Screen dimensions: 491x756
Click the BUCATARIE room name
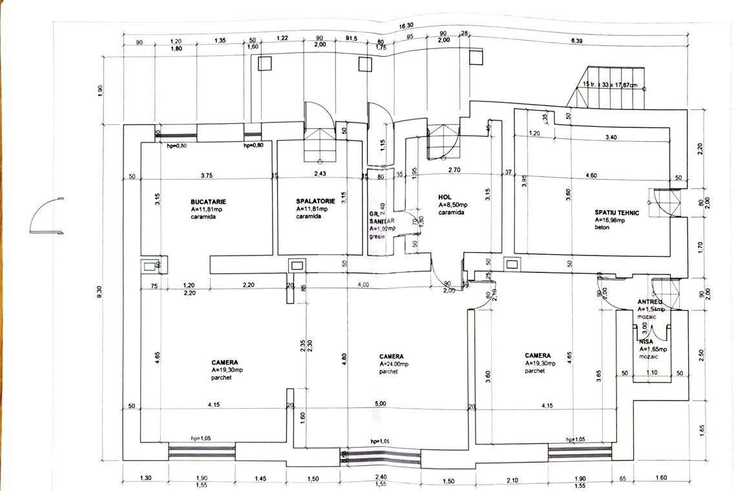209,201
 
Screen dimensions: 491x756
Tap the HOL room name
444,197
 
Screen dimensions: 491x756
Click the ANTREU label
649,302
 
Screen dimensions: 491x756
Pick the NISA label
646,341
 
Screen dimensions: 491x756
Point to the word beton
602,228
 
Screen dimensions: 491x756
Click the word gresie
377,237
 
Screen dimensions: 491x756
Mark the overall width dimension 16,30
406,27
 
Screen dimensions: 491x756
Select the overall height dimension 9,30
100,292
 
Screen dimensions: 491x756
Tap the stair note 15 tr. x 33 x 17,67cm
610,85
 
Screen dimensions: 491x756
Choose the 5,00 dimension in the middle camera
380,404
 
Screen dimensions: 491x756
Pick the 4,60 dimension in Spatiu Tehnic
591,175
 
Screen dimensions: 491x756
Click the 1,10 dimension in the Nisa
653,373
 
